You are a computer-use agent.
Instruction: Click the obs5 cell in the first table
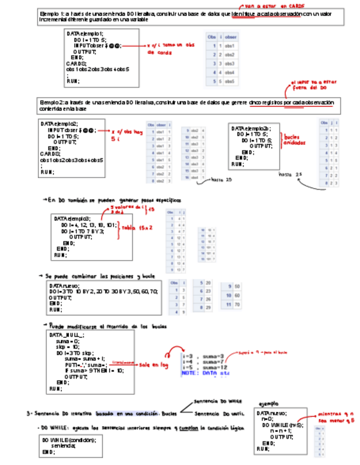click(x=230, y=81)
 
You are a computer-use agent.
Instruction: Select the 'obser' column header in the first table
click(x=231, y=35)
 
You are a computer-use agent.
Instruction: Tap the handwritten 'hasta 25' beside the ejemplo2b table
click(x=290, y=174)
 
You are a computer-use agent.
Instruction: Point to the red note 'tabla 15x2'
click(x=137, y=227)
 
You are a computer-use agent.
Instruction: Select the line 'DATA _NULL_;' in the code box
click(x=67, y=335)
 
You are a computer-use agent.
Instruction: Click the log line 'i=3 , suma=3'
click(x=203, y=356)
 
